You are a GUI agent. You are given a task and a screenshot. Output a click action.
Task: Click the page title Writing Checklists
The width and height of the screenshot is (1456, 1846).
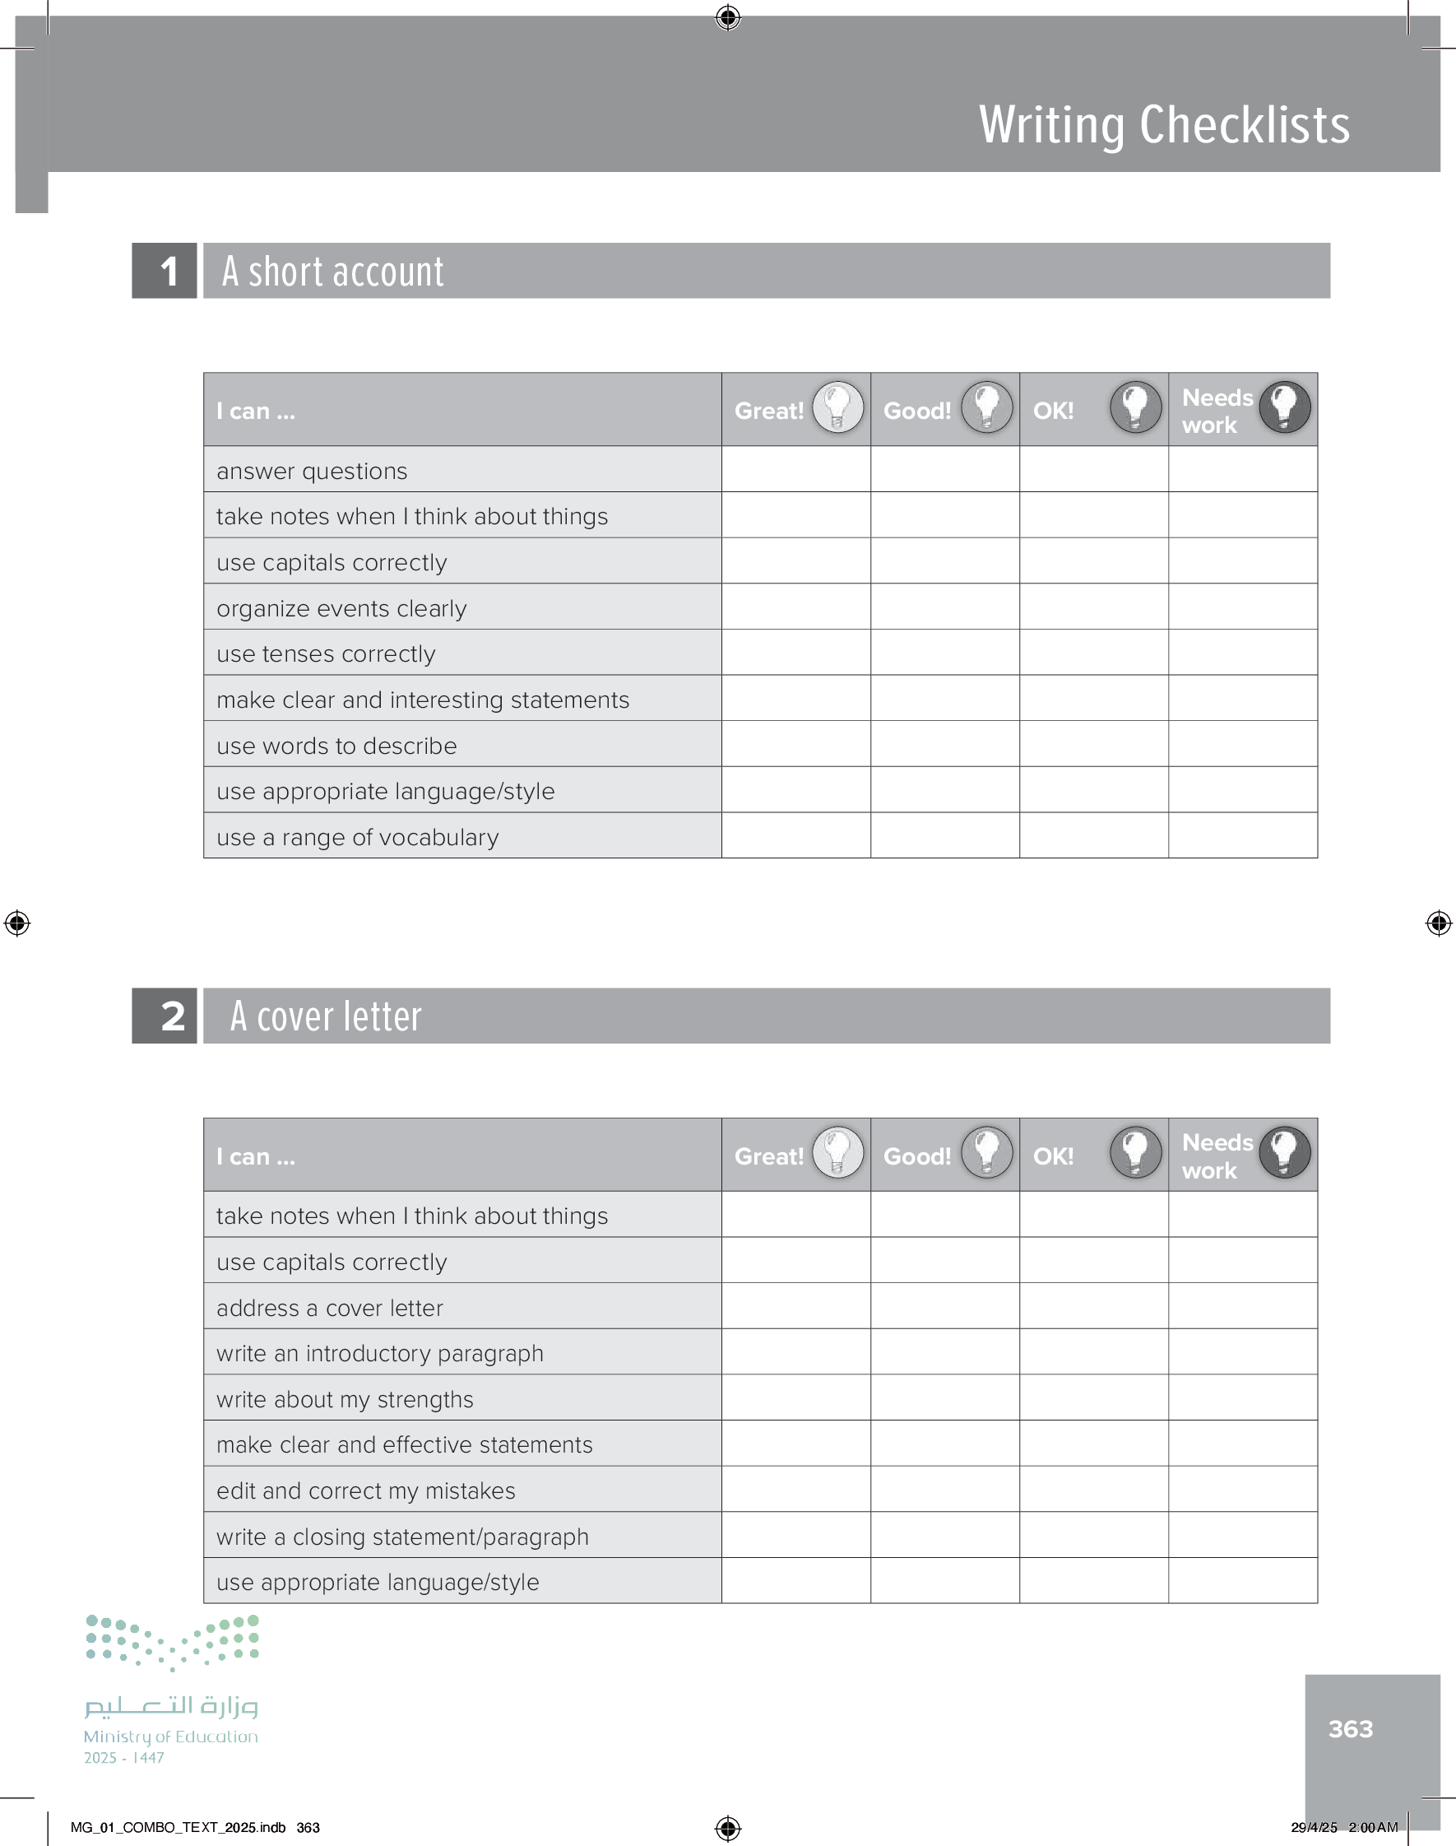[x=1164, y=125]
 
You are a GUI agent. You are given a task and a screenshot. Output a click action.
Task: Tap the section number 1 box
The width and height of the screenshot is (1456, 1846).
[x=165, y=271]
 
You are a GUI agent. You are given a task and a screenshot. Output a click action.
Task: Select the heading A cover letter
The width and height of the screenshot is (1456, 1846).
[x=326, y=1016]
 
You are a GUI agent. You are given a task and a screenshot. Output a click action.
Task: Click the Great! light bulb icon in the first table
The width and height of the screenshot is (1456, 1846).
[x=837, y=407]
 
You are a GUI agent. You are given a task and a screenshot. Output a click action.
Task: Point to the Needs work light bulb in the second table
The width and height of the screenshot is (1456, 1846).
[x=1284, y=1152]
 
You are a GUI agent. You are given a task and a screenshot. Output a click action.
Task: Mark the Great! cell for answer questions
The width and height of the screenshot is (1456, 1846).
[x=795, y=470]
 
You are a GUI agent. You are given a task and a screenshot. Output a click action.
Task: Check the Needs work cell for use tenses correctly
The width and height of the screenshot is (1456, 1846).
[x=1242, y=653]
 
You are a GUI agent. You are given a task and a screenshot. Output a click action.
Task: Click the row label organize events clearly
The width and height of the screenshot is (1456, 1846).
[x=342, y=608]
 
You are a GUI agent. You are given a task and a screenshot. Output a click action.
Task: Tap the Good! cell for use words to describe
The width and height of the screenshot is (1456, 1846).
[x=944, y=744]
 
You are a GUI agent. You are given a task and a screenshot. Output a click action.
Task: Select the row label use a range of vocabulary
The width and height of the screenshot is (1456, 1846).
[x=357, y=836]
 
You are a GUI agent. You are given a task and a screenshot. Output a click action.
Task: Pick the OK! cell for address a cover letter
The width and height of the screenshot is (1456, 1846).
[x=1093, y=1306]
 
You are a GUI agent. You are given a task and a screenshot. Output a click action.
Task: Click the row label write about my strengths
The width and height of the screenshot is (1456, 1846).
[x=345, y=1398]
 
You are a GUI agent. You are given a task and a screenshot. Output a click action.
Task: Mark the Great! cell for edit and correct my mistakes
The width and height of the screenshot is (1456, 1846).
[x=795, y=1490]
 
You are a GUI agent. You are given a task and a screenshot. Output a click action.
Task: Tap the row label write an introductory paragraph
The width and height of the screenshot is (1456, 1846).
[x=379, y=1352]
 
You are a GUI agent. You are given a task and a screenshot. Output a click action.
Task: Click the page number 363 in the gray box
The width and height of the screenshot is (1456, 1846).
[x=1350, y=1728]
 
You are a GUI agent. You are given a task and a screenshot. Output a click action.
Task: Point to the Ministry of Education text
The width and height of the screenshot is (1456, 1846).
[x=170, y=1736]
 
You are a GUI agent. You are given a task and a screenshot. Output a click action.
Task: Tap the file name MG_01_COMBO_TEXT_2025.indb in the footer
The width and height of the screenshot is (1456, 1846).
[x=179, y=1827]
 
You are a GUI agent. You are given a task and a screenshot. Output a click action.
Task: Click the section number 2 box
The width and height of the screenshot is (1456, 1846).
[x=165, y=1016]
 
